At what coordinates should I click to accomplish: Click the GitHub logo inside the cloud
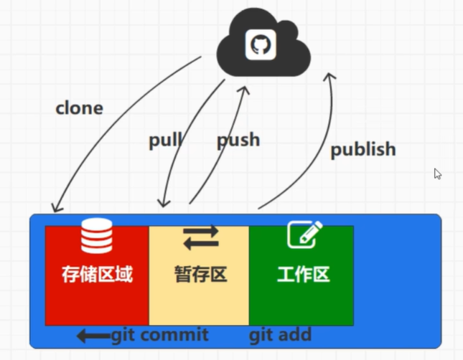[261, 44]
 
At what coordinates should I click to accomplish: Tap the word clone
[79, 108]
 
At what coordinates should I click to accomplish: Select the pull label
[165, 140]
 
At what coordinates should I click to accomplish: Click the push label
[238, 139]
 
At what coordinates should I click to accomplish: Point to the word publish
[363, 149]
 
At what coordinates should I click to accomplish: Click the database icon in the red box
[96, 237]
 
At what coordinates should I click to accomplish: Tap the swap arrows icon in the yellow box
[200, 237]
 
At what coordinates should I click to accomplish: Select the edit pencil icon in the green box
[304, 235]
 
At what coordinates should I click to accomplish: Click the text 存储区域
[97, 274]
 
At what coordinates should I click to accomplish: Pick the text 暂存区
[200, 274]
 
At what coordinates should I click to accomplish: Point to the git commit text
[159, 335]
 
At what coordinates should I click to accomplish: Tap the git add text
[280, 335]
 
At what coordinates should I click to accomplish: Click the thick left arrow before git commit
[93, 335]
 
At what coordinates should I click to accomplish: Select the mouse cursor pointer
[437, 174]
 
